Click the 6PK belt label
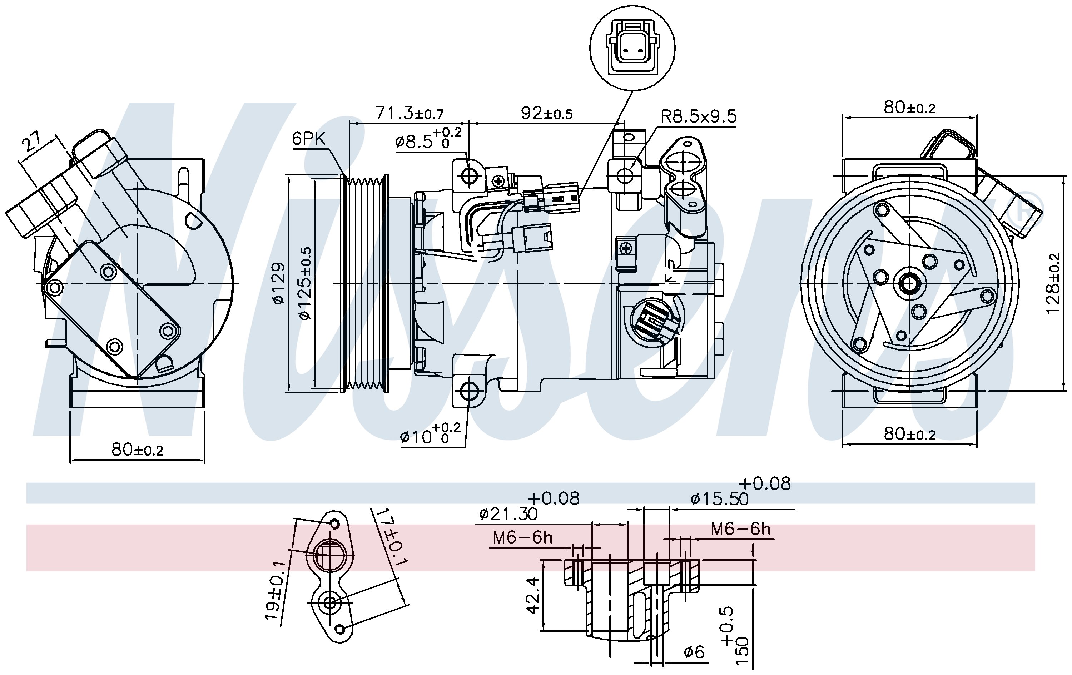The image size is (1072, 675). click(308, 139)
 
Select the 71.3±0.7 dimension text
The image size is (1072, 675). click(410, 113)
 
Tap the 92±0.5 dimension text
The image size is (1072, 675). click(547, 113)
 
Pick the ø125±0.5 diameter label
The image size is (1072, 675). click(306, 284)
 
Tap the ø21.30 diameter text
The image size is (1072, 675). click(508, 515)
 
